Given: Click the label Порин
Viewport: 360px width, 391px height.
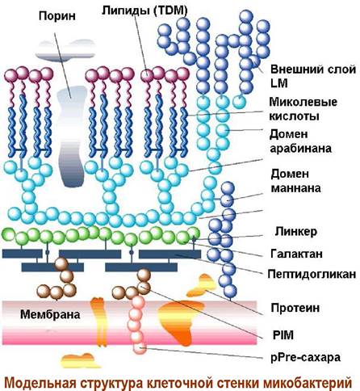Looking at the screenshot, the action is click(x=57, y=16).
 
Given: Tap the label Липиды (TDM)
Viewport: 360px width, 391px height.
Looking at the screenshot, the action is click(x=144, y=11).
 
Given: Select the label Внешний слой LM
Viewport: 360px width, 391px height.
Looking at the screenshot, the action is click(x=313, y=76).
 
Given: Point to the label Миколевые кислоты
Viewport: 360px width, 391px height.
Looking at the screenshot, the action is click(x=303, y=109).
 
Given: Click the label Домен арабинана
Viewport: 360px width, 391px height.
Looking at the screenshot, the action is click(x=300, y=141).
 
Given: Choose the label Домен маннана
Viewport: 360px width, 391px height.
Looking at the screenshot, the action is click(x=295, y=181).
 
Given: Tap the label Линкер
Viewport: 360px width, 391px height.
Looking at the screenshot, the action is click(x=296, y=231).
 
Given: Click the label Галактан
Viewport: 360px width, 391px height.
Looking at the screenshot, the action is click(x=296, y=254).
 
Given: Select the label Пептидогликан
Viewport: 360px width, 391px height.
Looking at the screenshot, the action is click(x=312, y=274).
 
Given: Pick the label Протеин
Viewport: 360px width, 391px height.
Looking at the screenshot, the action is click(x=295, y=308).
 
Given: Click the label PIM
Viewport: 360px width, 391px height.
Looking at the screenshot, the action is click(x=283, y=335).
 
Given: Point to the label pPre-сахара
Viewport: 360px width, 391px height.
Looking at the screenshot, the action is click(x=306, y=357).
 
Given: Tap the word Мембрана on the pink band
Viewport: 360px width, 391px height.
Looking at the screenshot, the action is click(x=50, y=314).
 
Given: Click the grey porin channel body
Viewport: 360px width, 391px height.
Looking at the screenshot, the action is click(x=72, y=136).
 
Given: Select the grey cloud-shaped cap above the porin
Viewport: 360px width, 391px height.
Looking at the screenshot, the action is click(x=65, y=50).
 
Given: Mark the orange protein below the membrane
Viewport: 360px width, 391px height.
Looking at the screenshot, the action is click(x=77, y=361).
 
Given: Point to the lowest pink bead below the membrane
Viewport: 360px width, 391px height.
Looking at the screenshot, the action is click(x=140, y=347).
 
